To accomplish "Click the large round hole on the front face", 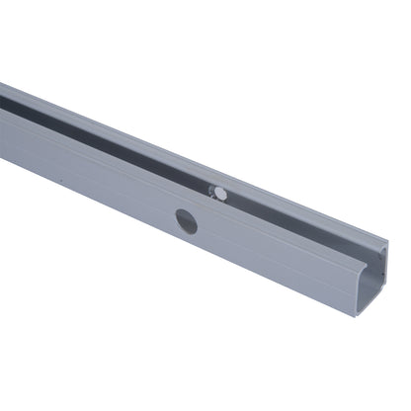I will (x=186, y=221).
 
